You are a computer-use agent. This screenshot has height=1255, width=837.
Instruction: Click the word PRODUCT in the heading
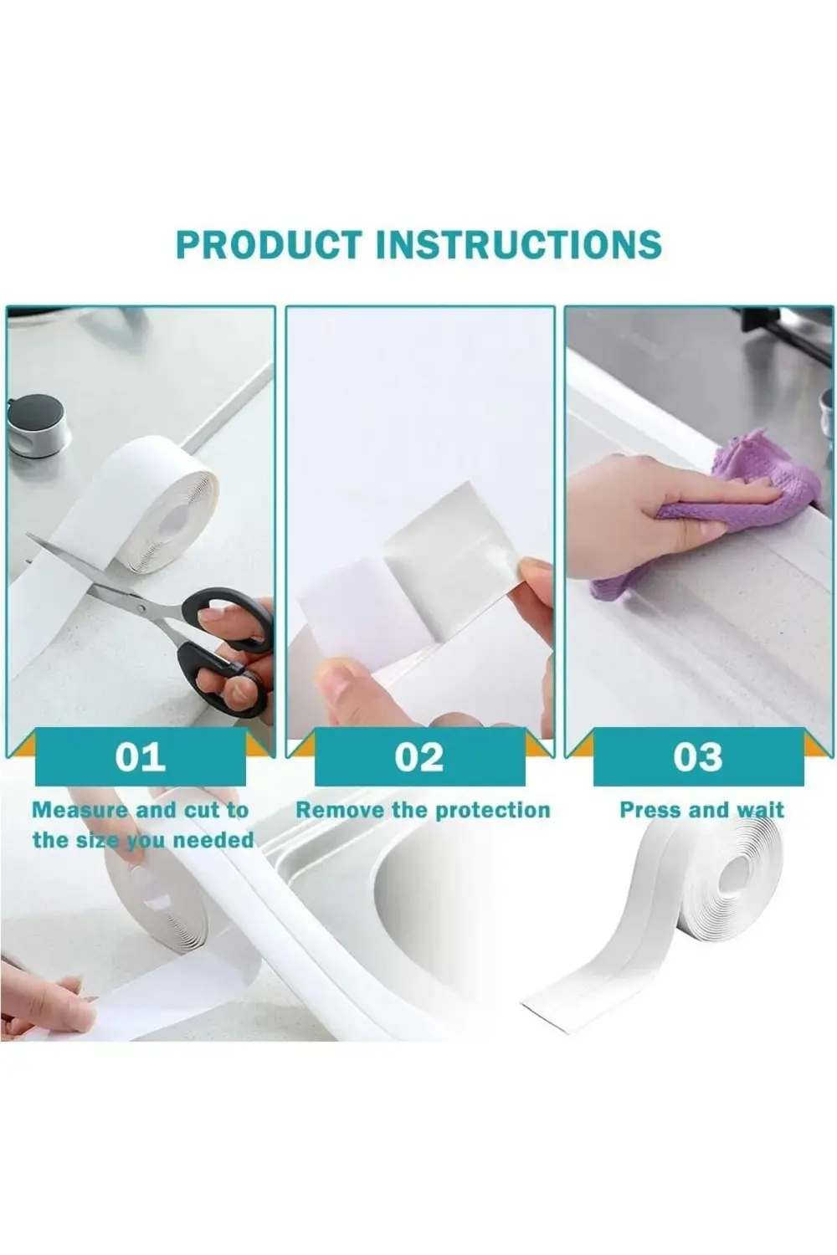click(x=270, y=245)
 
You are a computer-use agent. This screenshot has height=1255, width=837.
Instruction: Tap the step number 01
click(x=140, y=757)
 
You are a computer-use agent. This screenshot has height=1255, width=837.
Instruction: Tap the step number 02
click(x=419, y=757)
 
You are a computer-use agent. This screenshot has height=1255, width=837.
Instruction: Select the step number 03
click(x=698, y=757)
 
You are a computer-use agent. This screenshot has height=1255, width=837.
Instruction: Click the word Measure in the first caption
click(x=80, y=810)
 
